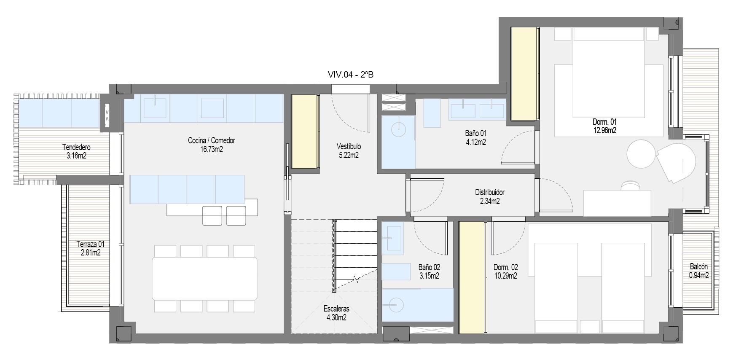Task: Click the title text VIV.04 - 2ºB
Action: coord(350,75)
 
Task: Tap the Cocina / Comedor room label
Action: coord(211,140)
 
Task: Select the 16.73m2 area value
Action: coord(211,149)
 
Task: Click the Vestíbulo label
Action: coord(349,146)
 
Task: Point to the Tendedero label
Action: coord(76,147)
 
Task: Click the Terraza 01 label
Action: coord(90,244)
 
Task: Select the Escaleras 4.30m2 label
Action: coord(336,313)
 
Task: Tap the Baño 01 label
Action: coord(475,133)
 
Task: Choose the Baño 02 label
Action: coord(429,267)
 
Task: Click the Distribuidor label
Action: coord(489,192)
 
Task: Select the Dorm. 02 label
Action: coord(505,267)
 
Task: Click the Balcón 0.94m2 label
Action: coord(698,271)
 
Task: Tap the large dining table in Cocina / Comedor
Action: coord(204,278)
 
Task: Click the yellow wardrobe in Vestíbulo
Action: coord(304,132)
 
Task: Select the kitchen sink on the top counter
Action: coord(155,107)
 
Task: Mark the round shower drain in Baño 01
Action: coord(398,129)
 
